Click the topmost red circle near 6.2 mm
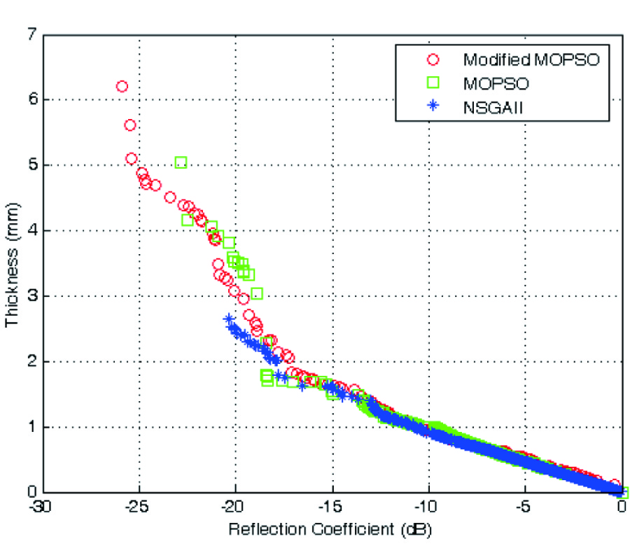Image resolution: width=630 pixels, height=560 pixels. [122, 86]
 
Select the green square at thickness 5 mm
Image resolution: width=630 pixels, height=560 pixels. [181, 162]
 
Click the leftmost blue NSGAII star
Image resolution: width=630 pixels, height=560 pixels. [228, 319]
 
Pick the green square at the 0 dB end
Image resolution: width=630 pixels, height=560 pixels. [622, 492]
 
